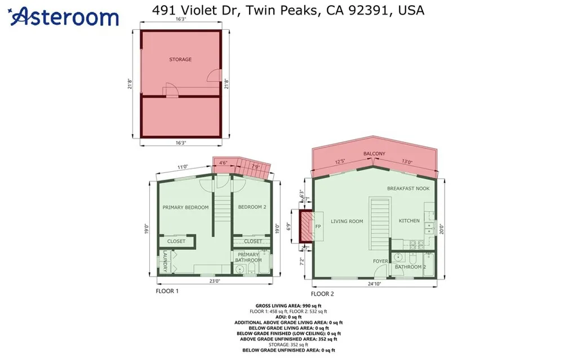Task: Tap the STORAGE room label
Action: click(180, 59)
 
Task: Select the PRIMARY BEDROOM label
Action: click(185, 207)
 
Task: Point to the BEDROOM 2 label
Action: click(251, 207)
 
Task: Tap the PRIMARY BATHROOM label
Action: click(248, 257)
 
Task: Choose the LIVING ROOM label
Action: click(347, 221)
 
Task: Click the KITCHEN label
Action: click(409, 221)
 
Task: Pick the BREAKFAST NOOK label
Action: click(408, 188)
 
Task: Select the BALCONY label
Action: click(374, 154)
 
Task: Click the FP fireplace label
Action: click(317, 226)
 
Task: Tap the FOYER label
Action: click(380, 261)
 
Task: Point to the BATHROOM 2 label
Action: click(410, 266)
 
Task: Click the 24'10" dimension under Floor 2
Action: click(374, 284)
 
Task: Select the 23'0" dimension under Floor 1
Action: click(214, 281)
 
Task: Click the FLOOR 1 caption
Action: click(167, 291)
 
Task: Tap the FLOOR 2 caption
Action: click(322, 294)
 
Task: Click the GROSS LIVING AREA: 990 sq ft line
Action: click(288, 305)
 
